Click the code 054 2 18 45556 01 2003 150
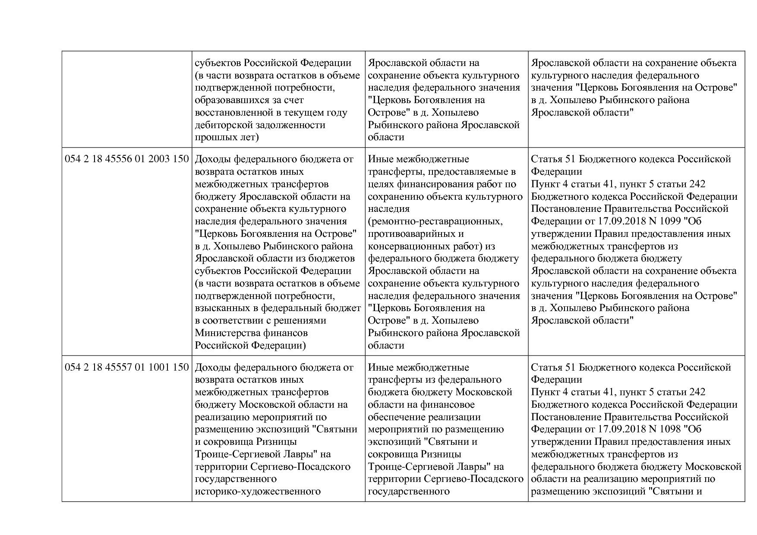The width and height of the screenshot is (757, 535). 127,159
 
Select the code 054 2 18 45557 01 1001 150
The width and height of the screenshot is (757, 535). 127,368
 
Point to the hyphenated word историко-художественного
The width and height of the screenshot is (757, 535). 258,491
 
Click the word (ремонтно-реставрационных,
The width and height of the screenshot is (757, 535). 435,221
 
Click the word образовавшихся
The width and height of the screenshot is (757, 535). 230,100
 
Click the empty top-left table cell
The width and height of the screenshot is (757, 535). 127,99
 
